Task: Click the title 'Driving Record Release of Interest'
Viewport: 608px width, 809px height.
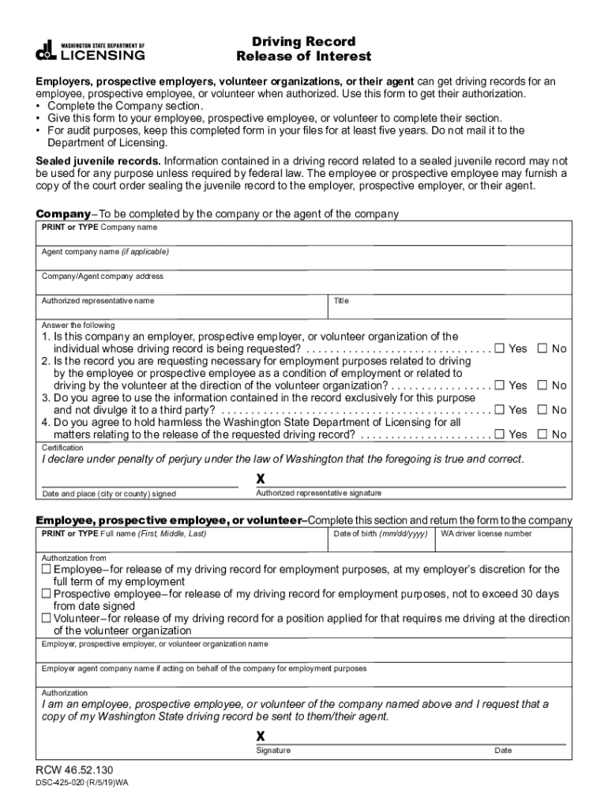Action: tap(304, 49)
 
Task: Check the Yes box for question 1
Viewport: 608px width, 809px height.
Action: tap(499, 348)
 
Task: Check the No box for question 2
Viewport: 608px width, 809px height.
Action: tap(542, 386)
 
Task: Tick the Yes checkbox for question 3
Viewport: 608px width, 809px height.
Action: tap(499, 410)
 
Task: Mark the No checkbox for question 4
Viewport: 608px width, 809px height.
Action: tap(542, 435)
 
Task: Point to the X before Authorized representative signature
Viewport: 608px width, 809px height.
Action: tap(261, 479)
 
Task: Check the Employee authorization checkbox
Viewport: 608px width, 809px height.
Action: tap(47, 569)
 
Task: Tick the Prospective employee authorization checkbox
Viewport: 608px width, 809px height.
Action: tap(47, 593)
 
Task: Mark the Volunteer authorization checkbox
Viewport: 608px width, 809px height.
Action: tap(47, 619)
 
